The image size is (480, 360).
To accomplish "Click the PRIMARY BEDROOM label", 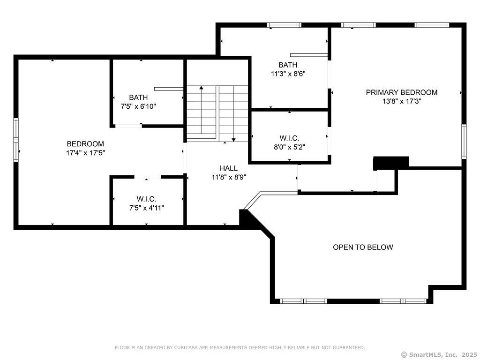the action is pyautogui.click(x=402, y=92).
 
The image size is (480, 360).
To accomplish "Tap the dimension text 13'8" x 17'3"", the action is pyautogui.click(x=402, y=101).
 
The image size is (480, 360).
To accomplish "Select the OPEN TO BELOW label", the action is pyautogui.click(x=363, y=247).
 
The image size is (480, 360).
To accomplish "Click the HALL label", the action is pyautogui.click(x=229, y=168).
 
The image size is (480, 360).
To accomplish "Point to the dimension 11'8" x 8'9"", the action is pyautogui.click(x=229, y=177).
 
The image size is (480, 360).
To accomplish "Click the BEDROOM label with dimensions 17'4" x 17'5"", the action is pyautogui.click(x=85, y=143).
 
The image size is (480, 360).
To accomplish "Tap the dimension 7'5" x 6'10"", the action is pyautogui.click(x=138, y=106).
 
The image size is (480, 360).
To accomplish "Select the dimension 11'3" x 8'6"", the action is pyautogui.click(x=288, y=74).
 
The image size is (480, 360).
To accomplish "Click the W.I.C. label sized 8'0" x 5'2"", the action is pyautogui.click(x=289, y=138).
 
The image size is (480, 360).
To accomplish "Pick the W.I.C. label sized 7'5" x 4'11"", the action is pyautogui.click(x=147, y=199).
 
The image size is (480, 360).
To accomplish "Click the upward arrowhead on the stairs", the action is pyautogui.click(x=201, y=88).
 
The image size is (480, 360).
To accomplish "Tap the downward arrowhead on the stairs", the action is pyautogui.click(x=233, y=140).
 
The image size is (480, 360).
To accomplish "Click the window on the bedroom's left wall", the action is pyautogui.click(x=16, y=140).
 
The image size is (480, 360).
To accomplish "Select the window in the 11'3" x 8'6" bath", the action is pyautogui.click(x=285, y=25).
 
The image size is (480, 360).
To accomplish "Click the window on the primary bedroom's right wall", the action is pyautogui.click(x=464, y=141).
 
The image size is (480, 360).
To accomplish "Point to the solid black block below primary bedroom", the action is pyautogui.click(x=391, y=163).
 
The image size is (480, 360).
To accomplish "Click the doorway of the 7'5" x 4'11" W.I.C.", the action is pyautogui.click(x=148, y=177).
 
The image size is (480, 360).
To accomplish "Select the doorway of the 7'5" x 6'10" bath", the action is pyautogui.click(x=128, y=126).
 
